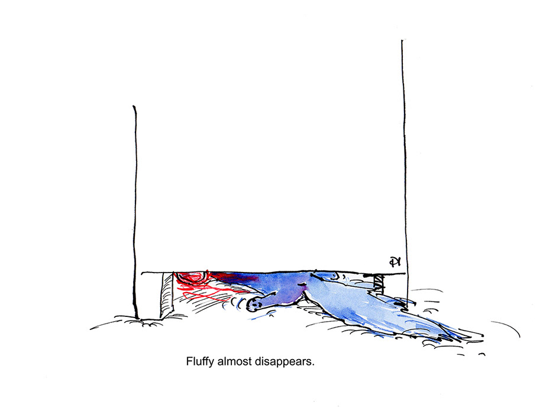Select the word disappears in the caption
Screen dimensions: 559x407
pyautogui.click(x=282, y=361)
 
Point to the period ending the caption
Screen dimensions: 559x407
pyautogui.click(x=312, y=364)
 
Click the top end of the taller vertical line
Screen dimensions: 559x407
pyautogui.click(x=402, y=41)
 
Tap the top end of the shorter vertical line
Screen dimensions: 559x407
pyautogui.click(x=134, y=107)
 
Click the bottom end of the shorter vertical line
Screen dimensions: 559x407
pyautogui.click(x=137, y=318)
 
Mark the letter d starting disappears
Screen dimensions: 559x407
pyautogui.click(x=257, y=361)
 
